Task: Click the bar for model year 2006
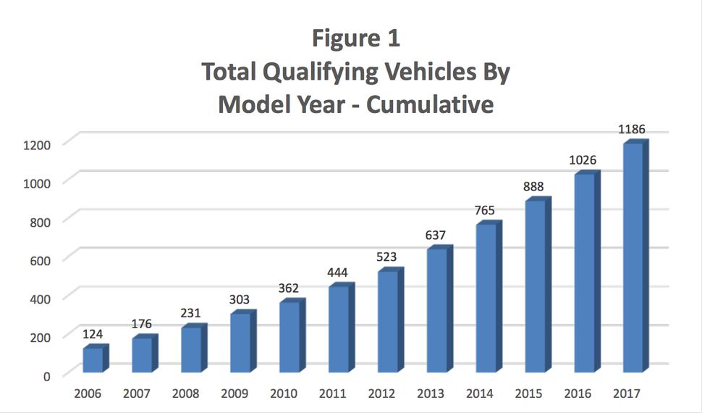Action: point(93,360)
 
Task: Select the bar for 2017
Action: point(633,257)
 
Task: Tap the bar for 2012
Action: point(387,322)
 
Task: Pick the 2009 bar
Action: point(240,343)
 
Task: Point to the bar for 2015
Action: point(534,286)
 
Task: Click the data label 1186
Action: point(631,130)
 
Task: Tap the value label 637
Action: point(436,235)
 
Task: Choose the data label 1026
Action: point(583,160)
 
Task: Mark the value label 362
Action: point(288,288)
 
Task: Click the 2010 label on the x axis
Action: point(284,394)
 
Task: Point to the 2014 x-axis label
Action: point(481,394)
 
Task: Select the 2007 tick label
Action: point(136,394)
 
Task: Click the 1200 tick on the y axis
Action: point(35,144)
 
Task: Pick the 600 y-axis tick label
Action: point(39,260)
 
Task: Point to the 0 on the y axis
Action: point(46,376)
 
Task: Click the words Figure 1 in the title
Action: point(355,38)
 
